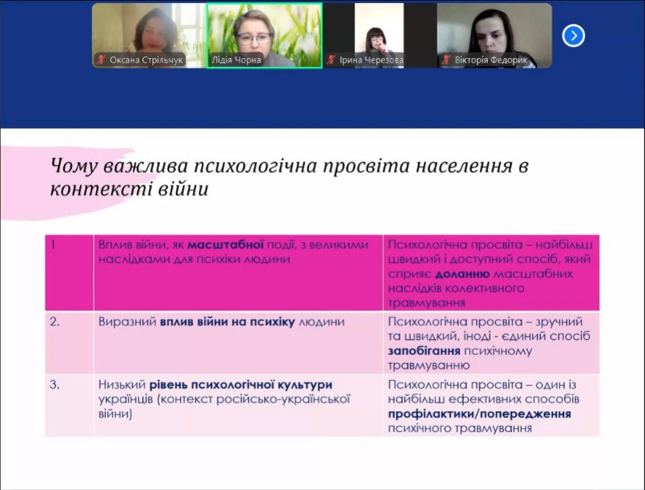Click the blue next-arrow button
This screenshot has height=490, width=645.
[573, 36]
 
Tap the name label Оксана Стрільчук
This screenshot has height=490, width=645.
[145, 60]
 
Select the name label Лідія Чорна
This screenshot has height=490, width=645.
[236, 60]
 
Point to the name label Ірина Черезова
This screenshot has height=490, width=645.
[371, 60]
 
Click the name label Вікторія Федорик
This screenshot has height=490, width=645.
[491, 60]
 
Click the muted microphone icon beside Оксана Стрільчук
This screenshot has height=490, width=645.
[101, 60]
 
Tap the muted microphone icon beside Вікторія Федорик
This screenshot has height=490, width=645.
[446, 60]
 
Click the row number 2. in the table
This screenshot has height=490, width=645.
[55, 322]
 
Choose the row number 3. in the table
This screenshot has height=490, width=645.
[55, 385]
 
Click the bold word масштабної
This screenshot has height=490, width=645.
[225, 245]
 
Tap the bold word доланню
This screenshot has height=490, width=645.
[462, 274]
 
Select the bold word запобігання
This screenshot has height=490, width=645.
[424, 351]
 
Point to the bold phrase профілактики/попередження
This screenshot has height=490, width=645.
[479, 414]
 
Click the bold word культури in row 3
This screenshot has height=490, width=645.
[305, 385]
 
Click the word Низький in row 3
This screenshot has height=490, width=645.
[122, 385]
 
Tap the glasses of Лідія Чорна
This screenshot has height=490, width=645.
[254, 39]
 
